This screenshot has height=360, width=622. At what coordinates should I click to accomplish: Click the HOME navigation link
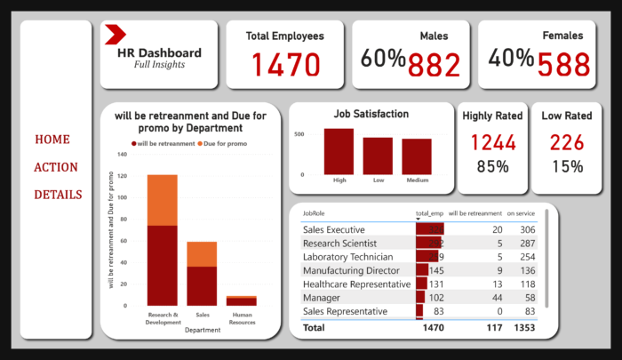pos(52,140)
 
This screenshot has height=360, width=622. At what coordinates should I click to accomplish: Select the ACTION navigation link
pos(56,167)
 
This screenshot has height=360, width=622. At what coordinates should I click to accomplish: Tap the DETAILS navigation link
pos(59,195)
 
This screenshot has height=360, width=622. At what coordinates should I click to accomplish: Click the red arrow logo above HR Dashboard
pos(115,35)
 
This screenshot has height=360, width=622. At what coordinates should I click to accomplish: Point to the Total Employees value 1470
pos(284,65)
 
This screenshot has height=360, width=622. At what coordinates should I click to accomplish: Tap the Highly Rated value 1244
pos(492,141)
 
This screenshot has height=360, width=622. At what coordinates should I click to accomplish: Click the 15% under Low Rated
pos(567,165)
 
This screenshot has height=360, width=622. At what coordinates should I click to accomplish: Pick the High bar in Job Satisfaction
pos(339,151)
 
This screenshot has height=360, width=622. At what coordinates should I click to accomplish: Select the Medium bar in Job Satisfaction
pos(416,156)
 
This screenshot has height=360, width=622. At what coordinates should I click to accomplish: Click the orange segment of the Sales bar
pos(201,254)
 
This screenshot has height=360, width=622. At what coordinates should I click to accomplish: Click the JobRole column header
pos(313,213)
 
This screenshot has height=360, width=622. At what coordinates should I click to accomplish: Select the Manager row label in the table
pos(321,298)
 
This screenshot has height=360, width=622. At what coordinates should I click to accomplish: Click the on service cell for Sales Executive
pos(522,229)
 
